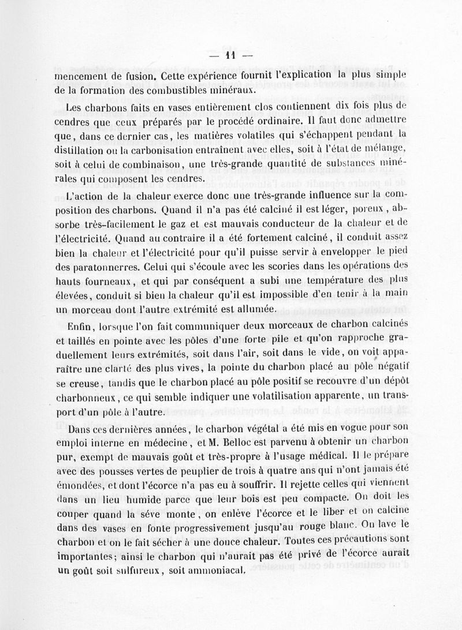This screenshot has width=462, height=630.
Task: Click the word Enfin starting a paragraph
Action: [x=79, y=326]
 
